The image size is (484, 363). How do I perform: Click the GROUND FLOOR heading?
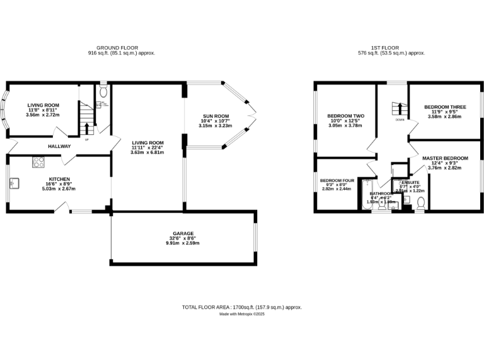121,47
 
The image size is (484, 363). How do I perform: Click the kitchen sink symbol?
14,184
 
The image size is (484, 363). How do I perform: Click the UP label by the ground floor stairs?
86,139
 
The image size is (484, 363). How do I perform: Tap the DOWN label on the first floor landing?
400,119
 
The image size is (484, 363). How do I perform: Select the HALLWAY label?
59,147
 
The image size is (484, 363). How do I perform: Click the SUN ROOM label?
215,116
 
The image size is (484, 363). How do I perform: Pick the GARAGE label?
183,233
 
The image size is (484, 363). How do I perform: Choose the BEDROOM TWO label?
346,116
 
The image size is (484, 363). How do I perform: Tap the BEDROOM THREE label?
445,107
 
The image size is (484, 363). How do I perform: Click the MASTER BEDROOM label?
445,158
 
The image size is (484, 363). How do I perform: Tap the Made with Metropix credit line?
242,314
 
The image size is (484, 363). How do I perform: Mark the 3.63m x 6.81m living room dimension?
147,152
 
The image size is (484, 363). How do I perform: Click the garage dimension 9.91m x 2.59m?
183,243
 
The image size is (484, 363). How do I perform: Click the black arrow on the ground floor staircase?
86,128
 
